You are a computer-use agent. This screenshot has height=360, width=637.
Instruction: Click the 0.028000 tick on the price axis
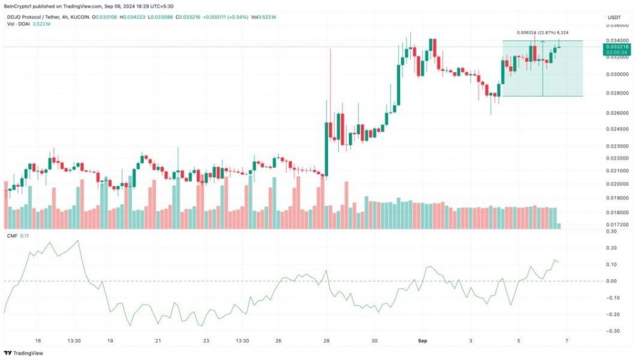(615, 93)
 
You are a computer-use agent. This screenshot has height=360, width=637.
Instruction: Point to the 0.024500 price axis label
(615, 128)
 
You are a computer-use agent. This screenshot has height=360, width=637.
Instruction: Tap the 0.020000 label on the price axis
(615, 184)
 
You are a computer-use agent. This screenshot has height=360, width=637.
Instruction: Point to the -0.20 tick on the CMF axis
(613, 314)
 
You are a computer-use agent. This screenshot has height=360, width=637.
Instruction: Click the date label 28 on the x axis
(327, 341)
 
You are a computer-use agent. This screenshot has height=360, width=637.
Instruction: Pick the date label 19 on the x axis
(110, 341)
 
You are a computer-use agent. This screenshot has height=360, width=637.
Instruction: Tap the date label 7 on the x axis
(566, 341)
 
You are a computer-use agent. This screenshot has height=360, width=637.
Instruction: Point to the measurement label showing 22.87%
(542, 32)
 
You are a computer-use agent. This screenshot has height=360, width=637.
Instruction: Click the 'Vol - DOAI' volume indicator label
(19, 24)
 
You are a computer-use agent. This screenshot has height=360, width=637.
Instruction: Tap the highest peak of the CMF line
(78, 241)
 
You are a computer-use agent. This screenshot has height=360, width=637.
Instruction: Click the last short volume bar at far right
(559, 226)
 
